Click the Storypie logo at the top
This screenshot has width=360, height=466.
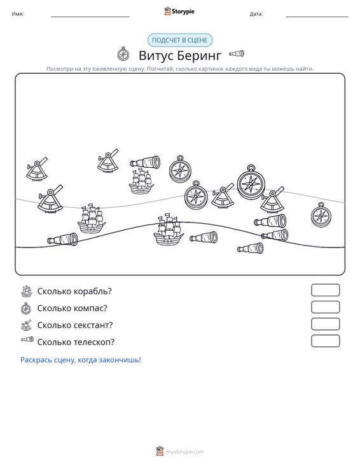(179, 11)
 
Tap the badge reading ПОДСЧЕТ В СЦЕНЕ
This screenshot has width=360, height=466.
(180, 40)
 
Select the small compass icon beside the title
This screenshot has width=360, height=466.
(123, 54)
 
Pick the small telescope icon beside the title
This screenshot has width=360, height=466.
(237, 53)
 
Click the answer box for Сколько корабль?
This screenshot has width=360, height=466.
(325, 290)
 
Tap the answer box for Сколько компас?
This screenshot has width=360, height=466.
(325, 307)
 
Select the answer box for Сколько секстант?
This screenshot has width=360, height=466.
(325, 324)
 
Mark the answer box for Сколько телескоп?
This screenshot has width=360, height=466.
(325, 341)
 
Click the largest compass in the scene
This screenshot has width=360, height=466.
(251, 182)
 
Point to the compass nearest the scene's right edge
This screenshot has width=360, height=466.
(321, 215)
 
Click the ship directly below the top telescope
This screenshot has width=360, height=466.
(141, 182)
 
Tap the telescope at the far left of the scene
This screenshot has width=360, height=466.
(62, 239)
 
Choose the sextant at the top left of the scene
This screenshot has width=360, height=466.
(37, 169)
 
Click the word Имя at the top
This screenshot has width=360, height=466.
(18, 14)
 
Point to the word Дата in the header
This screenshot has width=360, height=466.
(256, 14)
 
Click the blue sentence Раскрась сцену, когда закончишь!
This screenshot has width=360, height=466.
(81, 360)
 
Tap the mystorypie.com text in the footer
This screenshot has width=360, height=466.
(185, 452)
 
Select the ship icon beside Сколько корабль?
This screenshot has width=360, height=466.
(27, 292)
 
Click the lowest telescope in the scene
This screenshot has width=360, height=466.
(251, 248)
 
